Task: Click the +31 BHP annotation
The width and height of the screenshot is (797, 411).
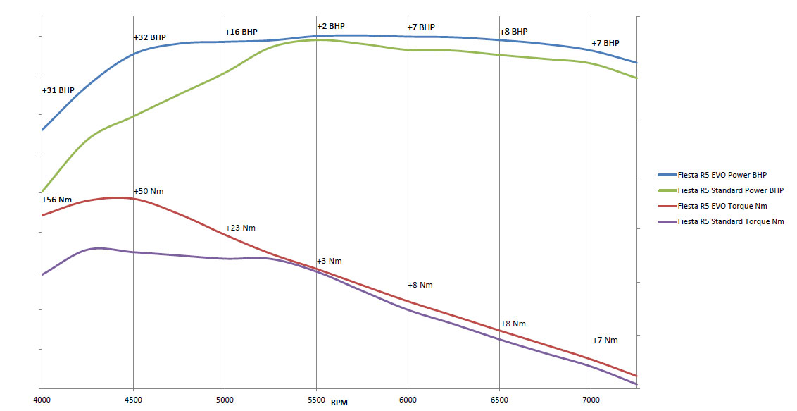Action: (x=58, y=91)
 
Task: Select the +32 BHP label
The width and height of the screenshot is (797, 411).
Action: (x=150, y=37)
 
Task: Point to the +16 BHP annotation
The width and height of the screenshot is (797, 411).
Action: (x=241, y=32)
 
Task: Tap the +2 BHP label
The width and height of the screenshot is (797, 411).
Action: (x=331, y=27)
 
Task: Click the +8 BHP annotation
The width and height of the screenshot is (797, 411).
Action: (x=514, y=32)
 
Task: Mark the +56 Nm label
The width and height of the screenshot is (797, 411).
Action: (x=57, y=200)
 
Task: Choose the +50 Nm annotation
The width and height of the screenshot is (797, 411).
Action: (x=149, y=192)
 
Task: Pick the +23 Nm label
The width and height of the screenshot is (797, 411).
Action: (x=241, y=228)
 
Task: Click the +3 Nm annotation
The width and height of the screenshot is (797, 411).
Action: (x=330, y=262)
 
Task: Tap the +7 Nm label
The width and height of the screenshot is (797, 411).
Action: (x=605, y=341)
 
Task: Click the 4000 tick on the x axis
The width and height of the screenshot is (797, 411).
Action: (x=42, y=400)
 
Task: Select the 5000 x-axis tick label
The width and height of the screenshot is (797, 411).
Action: (x=225, y=400)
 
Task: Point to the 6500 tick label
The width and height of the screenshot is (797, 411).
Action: (x=499, y=400)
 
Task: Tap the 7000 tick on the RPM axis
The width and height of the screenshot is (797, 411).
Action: (x=591, y=400)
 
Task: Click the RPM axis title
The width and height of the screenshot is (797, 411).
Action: (x=339, y=403)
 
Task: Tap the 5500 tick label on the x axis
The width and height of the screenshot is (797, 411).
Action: (x=316, y=400)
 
